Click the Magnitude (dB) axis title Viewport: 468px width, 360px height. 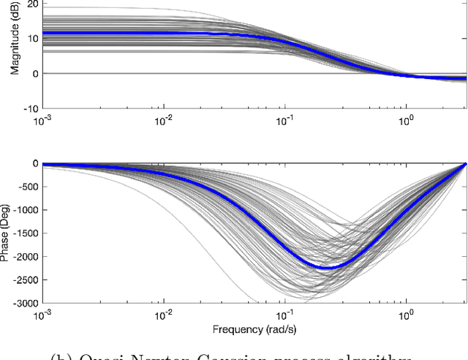tap(14, 47)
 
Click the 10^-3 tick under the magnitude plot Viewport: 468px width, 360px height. tap(43, 119)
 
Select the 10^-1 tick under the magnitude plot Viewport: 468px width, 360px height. tap(284, 119)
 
